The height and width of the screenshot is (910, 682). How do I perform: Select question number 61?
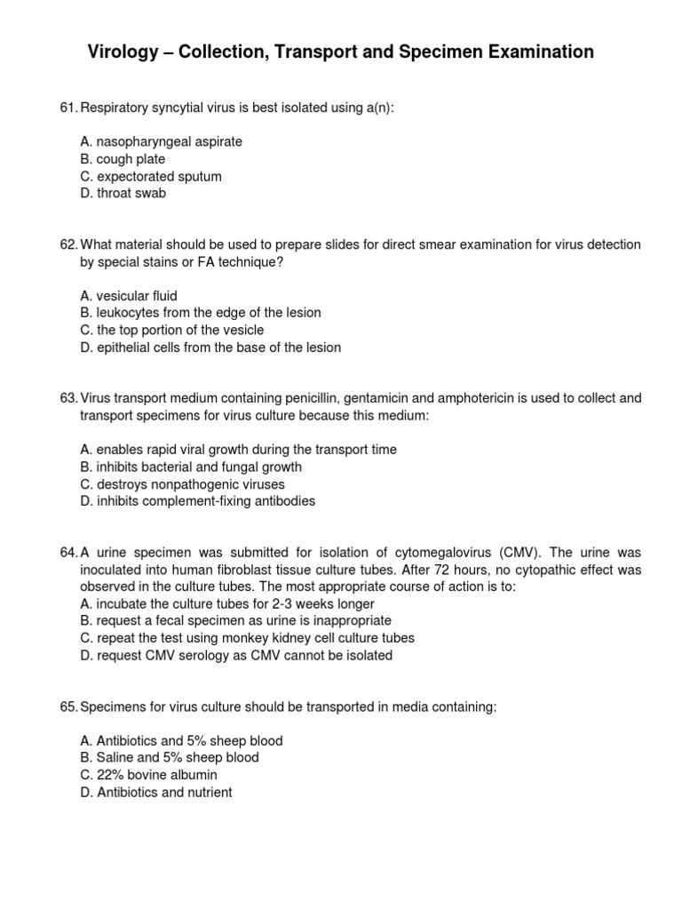pos(68,108)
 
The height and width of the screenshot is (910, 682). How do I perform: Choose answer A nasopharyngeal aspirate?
pos(161,141)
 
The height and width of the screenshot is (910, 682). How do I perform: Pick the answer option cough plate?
pos(123,159)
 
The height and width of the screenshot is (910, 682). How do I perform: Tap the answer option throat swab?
pos(123,193)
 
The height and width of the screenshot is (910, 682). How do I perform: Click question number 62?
pos(68,244)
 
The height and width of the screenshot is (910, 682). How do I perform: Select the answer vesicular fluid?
pos(129,296)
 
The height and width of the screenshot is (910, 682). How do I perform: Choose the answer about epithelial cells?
pos(210,347)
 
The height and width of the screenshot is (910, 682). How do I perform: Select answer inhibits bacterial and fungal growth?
pos(190,467)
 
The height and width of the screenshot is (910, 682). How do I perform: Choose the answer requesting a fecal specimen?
pos(235,621)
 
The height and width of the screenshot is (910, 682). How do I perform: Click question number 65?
pos(68,706)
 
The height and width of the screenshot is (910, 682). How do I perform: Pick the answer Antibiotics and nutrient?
pos(155,792)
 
